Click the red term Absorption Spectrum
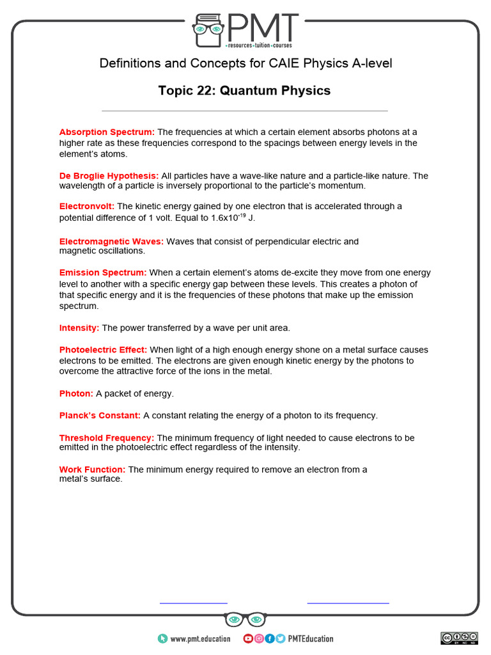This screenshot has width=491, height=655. pyautogui.click(x=107, y=132)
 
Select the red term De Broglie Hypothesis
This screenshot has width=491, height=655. pyautogui.click(x=109, y=175)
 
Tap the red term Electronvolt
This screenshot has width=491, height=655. pyautogui.click(x=87, y=206)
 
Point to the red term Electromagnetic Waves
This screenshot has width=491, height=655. pyautogui.click(x=111, y=241)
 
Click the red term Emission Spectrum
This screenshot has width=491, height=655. pyautogui.click(x=103, y=272)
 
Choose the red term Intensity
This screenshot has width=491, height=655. pyautogui.click(x=79, y=327)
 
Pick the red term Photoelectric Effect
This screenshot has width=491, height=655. pyautogui.click(x=103, y=350)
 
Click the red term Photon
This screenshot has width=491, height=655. pyautogui.click(x=76, y=393)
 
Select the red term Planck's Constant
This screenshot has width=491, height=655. pyautogui.click(x=100, y=415)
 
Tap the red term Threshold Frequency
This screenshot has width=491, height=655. pyautogui.click(x=106, y=438)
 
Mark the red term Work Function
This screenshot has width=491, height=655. pyautogui.click(x=92, y=470)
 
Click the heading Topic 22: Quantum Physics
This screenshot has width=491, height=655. pyautogui.click(x=245, y=91)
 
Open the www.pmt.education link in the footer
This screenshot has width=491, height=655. pyautogui.click(x=200, y=638)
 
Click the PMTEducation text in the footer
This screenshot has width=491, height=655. pyautogui.click(x=311, y=638)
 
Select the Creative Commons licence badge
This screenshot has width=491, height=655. pyautogui.click(x=459, y=638)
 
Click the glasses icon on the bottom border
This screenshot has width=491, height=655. pyautogui.click(x=245, y=620)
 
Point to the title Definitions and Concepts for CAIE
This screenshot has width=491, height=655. pyautogui.click(x=245, y=63)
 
